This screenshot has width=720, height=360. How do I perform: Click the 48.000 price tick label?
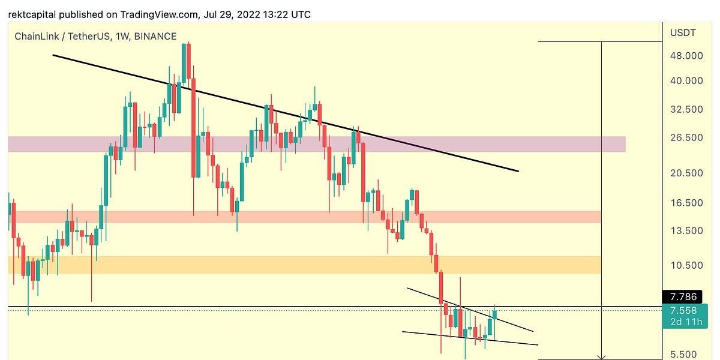click(686, 56)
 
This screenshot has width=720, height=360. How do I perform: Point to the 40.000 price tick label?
click(686, 81)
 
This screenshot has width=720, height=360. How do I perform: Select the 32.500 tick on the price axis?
click(686, 110)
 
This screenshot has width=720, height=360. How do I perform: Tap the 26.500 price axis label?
click(686, 137)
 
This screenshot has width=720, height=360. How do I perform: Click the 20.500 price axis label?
click(686, 173)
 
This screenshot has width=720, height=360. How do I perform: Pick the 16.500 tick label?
click(686, 203)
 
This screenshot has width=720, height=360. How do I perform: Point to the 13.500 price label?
click(686, 231)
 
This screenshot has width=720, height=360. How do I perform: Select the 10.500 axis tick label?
click(686, 266)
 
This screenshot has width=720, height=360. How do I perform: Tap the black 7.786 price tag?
click(683, 296)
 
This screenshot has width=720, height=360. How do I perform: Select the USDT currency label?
click(683, 33)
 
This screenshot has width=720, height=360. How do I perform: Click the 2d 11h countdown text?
click(684, 323)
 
